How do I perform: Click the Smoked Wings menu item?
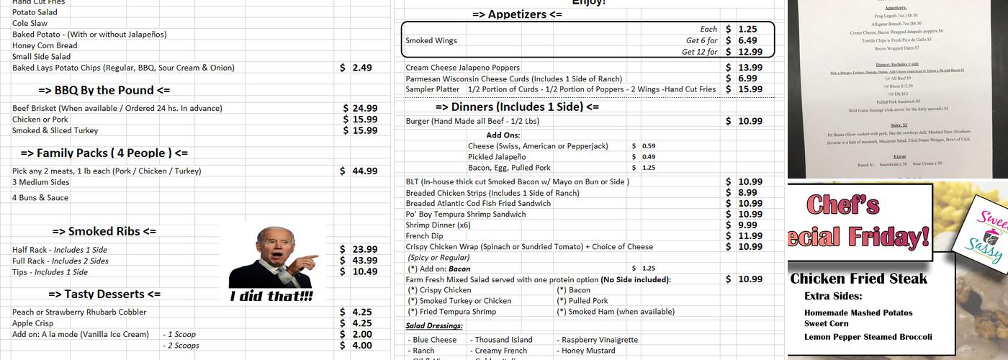coord(431,40)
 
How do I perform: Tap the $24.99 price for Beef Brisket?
coord(360,108)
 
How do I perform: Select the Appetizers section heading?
coord(517,14)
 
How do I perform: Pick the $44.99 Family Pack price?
coord(360,171)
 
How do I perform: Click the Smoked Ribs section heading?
coord(104,231)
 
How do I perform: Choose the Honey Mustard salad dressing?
coord(588,351)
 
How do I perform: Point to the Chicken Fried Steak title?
coord(858,279)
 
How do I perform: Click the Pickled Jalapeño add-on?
coord(496,156)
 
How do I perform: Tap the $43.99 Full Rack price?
coord(360,261)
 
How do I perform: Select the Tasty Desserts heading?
coord(104,294)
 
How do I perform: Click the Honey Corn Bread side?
coord(45,45)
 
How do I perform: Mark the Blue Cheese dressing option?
coord(435,340)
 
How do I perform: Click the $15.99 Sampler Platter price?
coord(744,89)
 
